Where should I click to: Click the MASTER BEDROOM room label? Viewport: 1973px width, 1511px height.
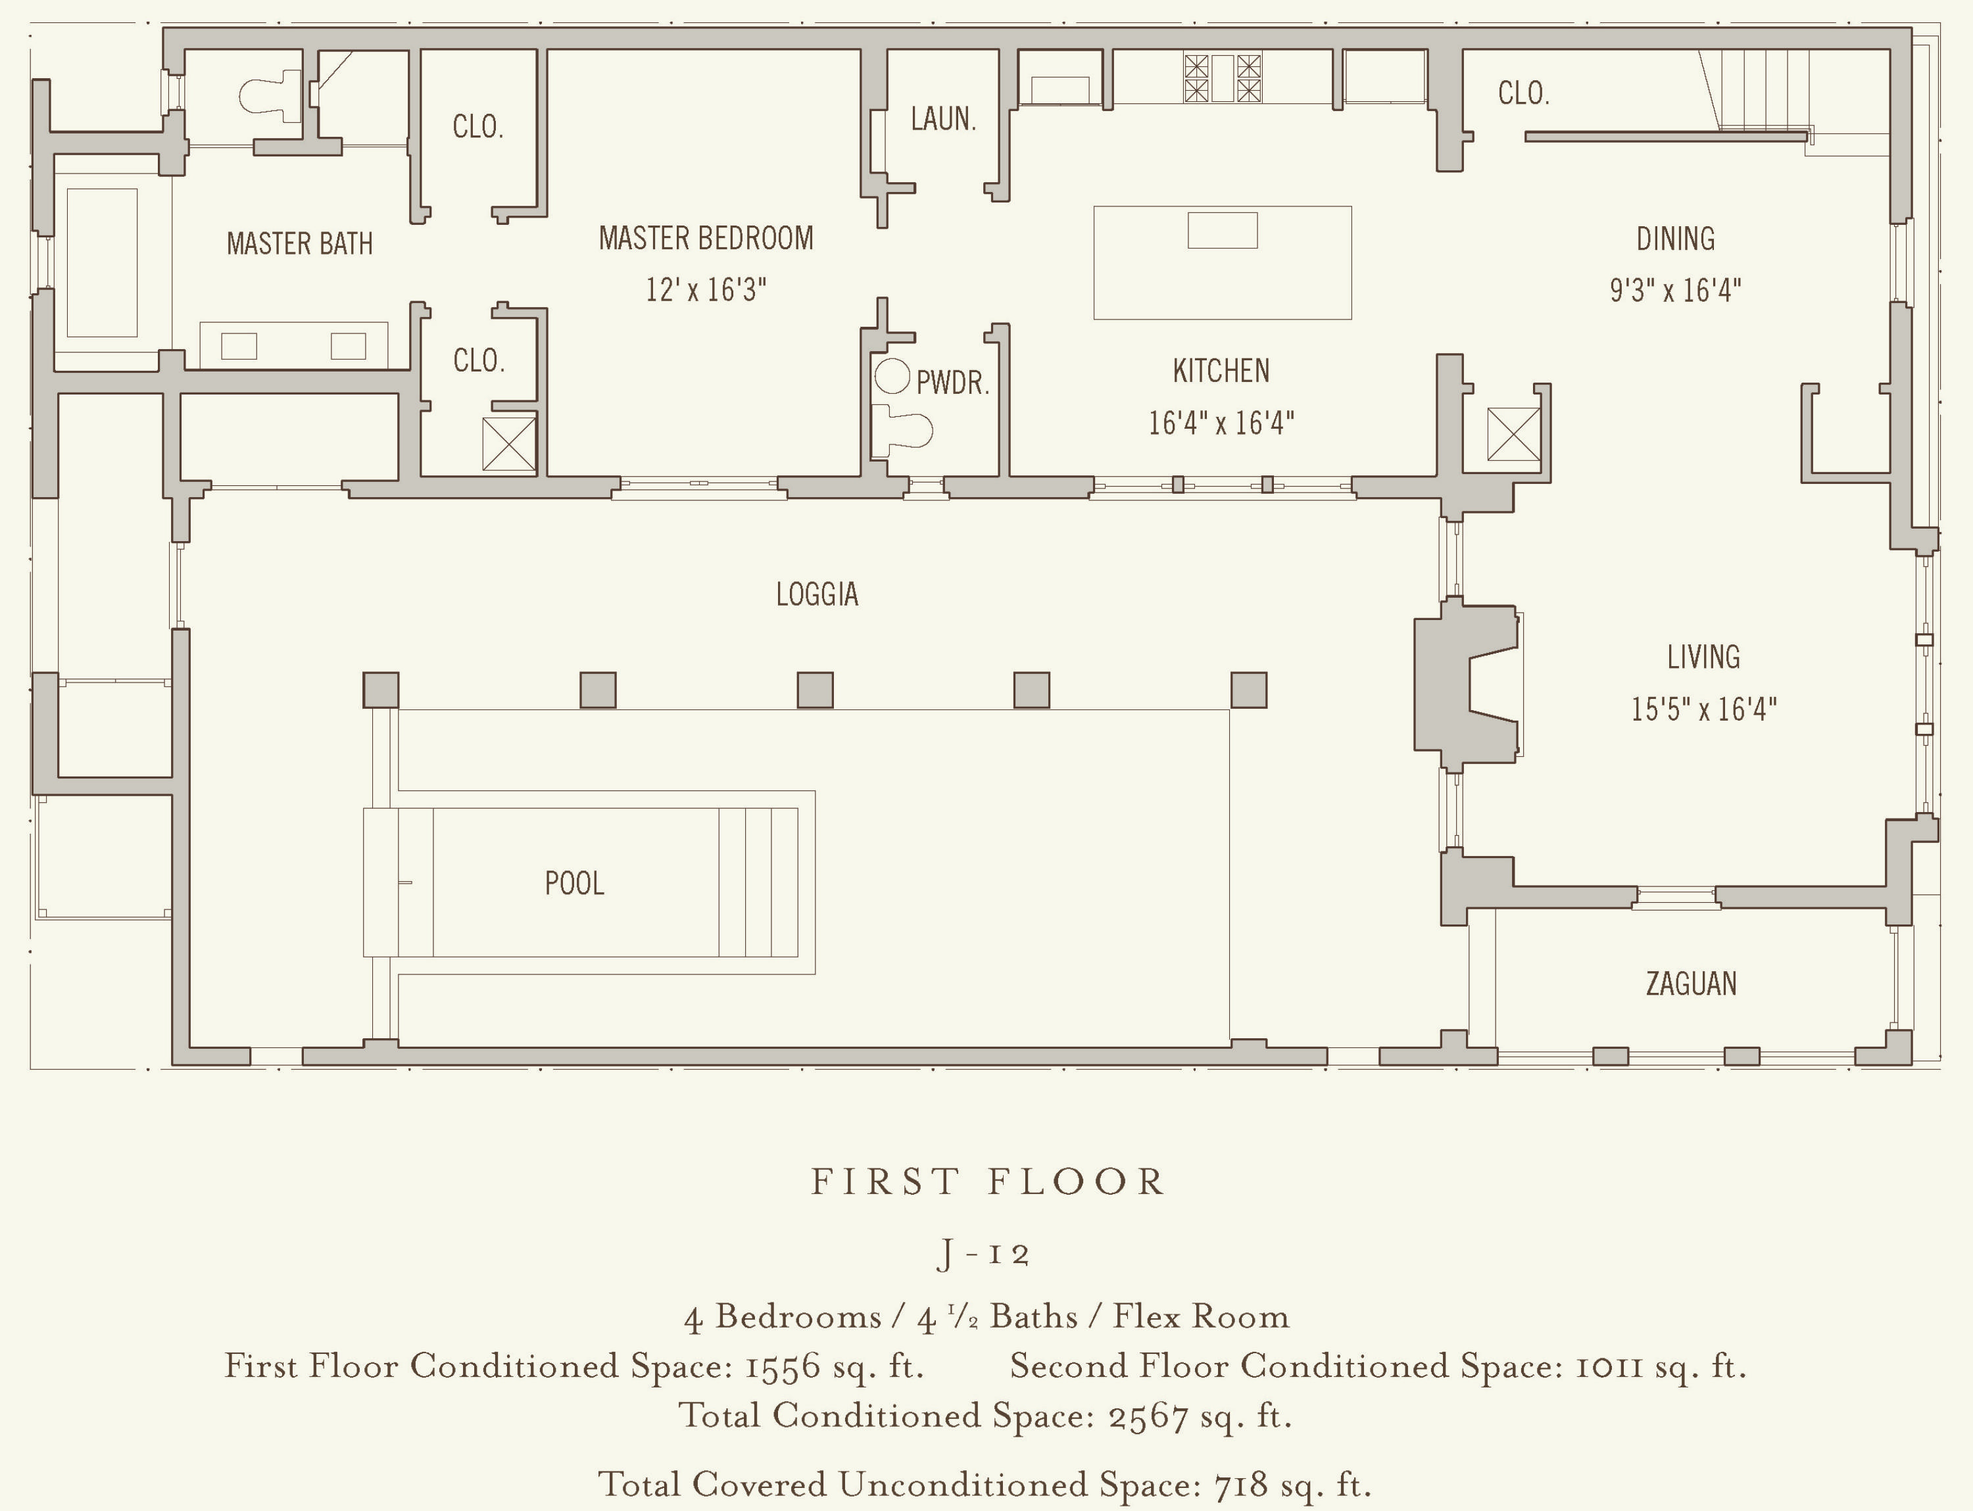pyautogui.click(x=706, y=238)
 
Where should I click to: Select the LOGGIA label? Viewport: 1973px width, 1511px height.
pyautogui.click(x=817, y=594)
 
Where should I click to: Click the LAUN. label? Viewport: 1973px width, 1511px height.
pyautogui.click(x=943, y=119)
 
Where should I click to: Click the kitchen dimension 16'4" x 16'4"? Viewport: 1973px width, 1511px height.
pyautogui.click(x=1221, y=423)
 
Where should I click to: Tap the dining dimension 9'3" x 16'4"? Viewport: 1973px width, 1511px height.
pyautogui.click(x=1675, y=291)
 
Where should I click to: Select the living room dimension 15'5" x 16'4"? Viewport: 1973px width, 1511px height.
pyautogui.click(x=1704, y=709)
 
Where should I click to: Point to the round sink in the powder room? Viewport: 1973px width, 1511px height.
pyautogui.click(x=892, y=377)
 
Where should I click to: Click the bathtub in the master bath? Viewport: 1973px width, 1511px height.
pyautogui.click(x=102, y=262)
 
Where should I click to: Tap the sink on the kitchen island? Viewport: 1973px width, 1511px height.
pyautogui.click(x=1223, y=230)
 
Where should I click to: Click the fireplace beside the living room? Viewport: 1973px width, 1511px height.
pyautogui.click(x=1467, y=684)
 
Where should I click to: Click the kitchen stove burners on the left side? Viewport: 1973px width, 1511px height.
pyautogui.click(x=1196, y=78)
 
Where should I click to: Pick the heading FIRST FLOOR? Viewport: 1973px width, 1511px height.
pyautogui.click(x=988, y=1182)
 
